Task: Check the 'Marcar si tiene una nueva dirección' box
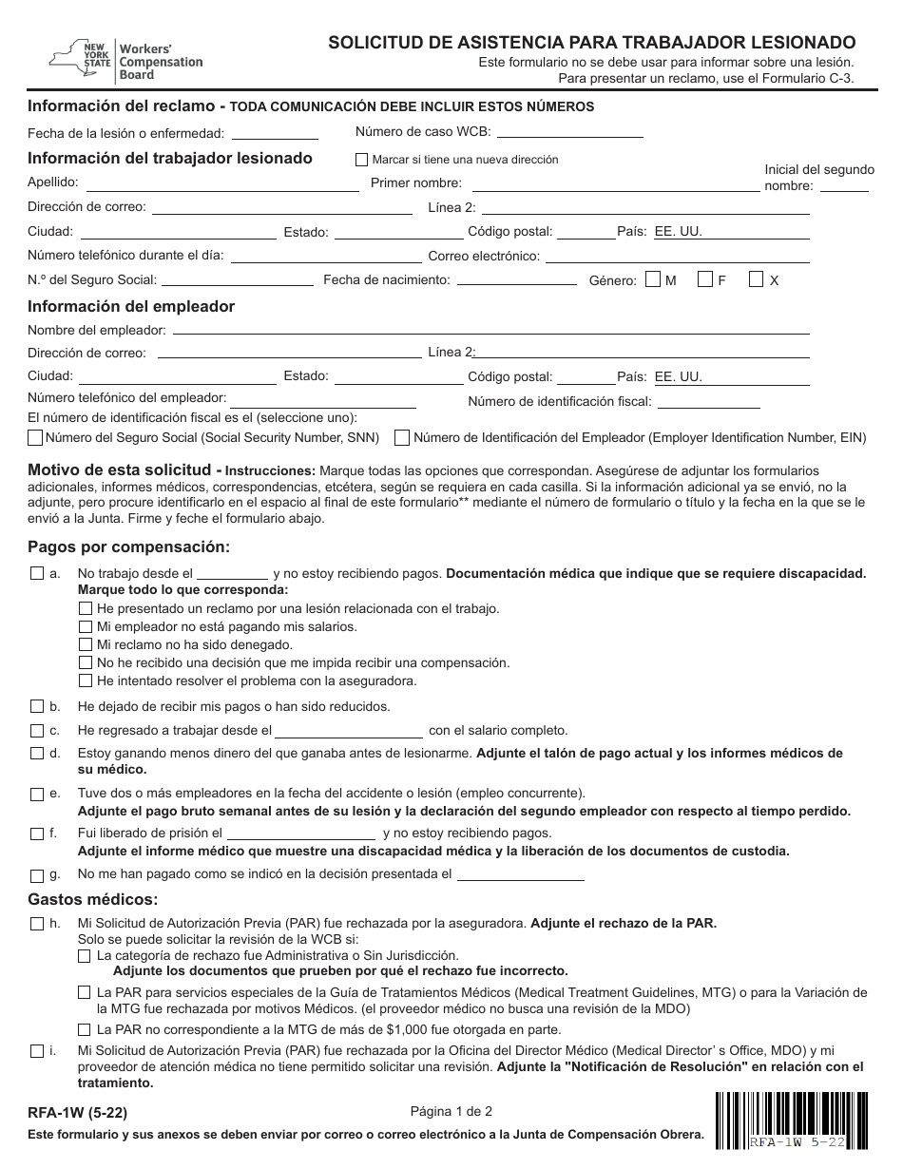[361, 160]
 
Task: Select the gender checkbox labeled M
[653, 280]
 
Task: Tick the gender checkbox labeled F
[705, 280]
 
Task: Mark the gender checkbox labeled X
[757, 280]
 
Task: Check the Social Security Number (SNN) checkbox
[36, 438]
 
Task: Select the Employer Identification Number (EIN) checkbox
[402, 438]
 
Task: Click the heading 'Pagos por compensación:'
[129, 547]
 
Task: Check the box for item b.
[37, 706]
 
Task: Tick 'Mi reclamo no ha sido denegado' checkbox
[86, 644]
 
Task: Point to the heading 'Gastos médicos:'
[93, 899]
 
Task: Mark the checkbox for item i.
[37, 1051]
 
